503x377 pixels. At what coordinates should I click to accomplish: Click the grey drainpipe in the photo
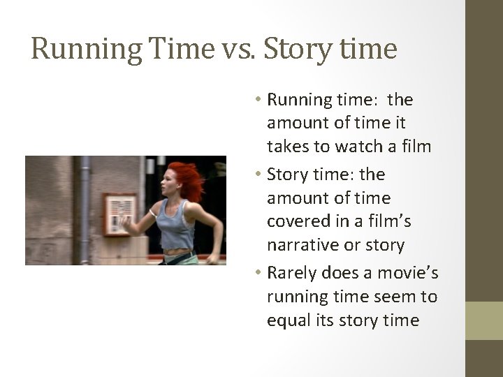pyautogui.click(x=86, y=209)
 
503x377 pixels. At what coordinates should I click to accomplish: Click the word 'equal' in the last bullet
pyautogui.click(x=286, y=320)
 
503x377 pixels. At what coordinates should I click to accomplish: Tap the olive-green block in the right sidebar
pyautogui.click(x=484, y=321)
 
